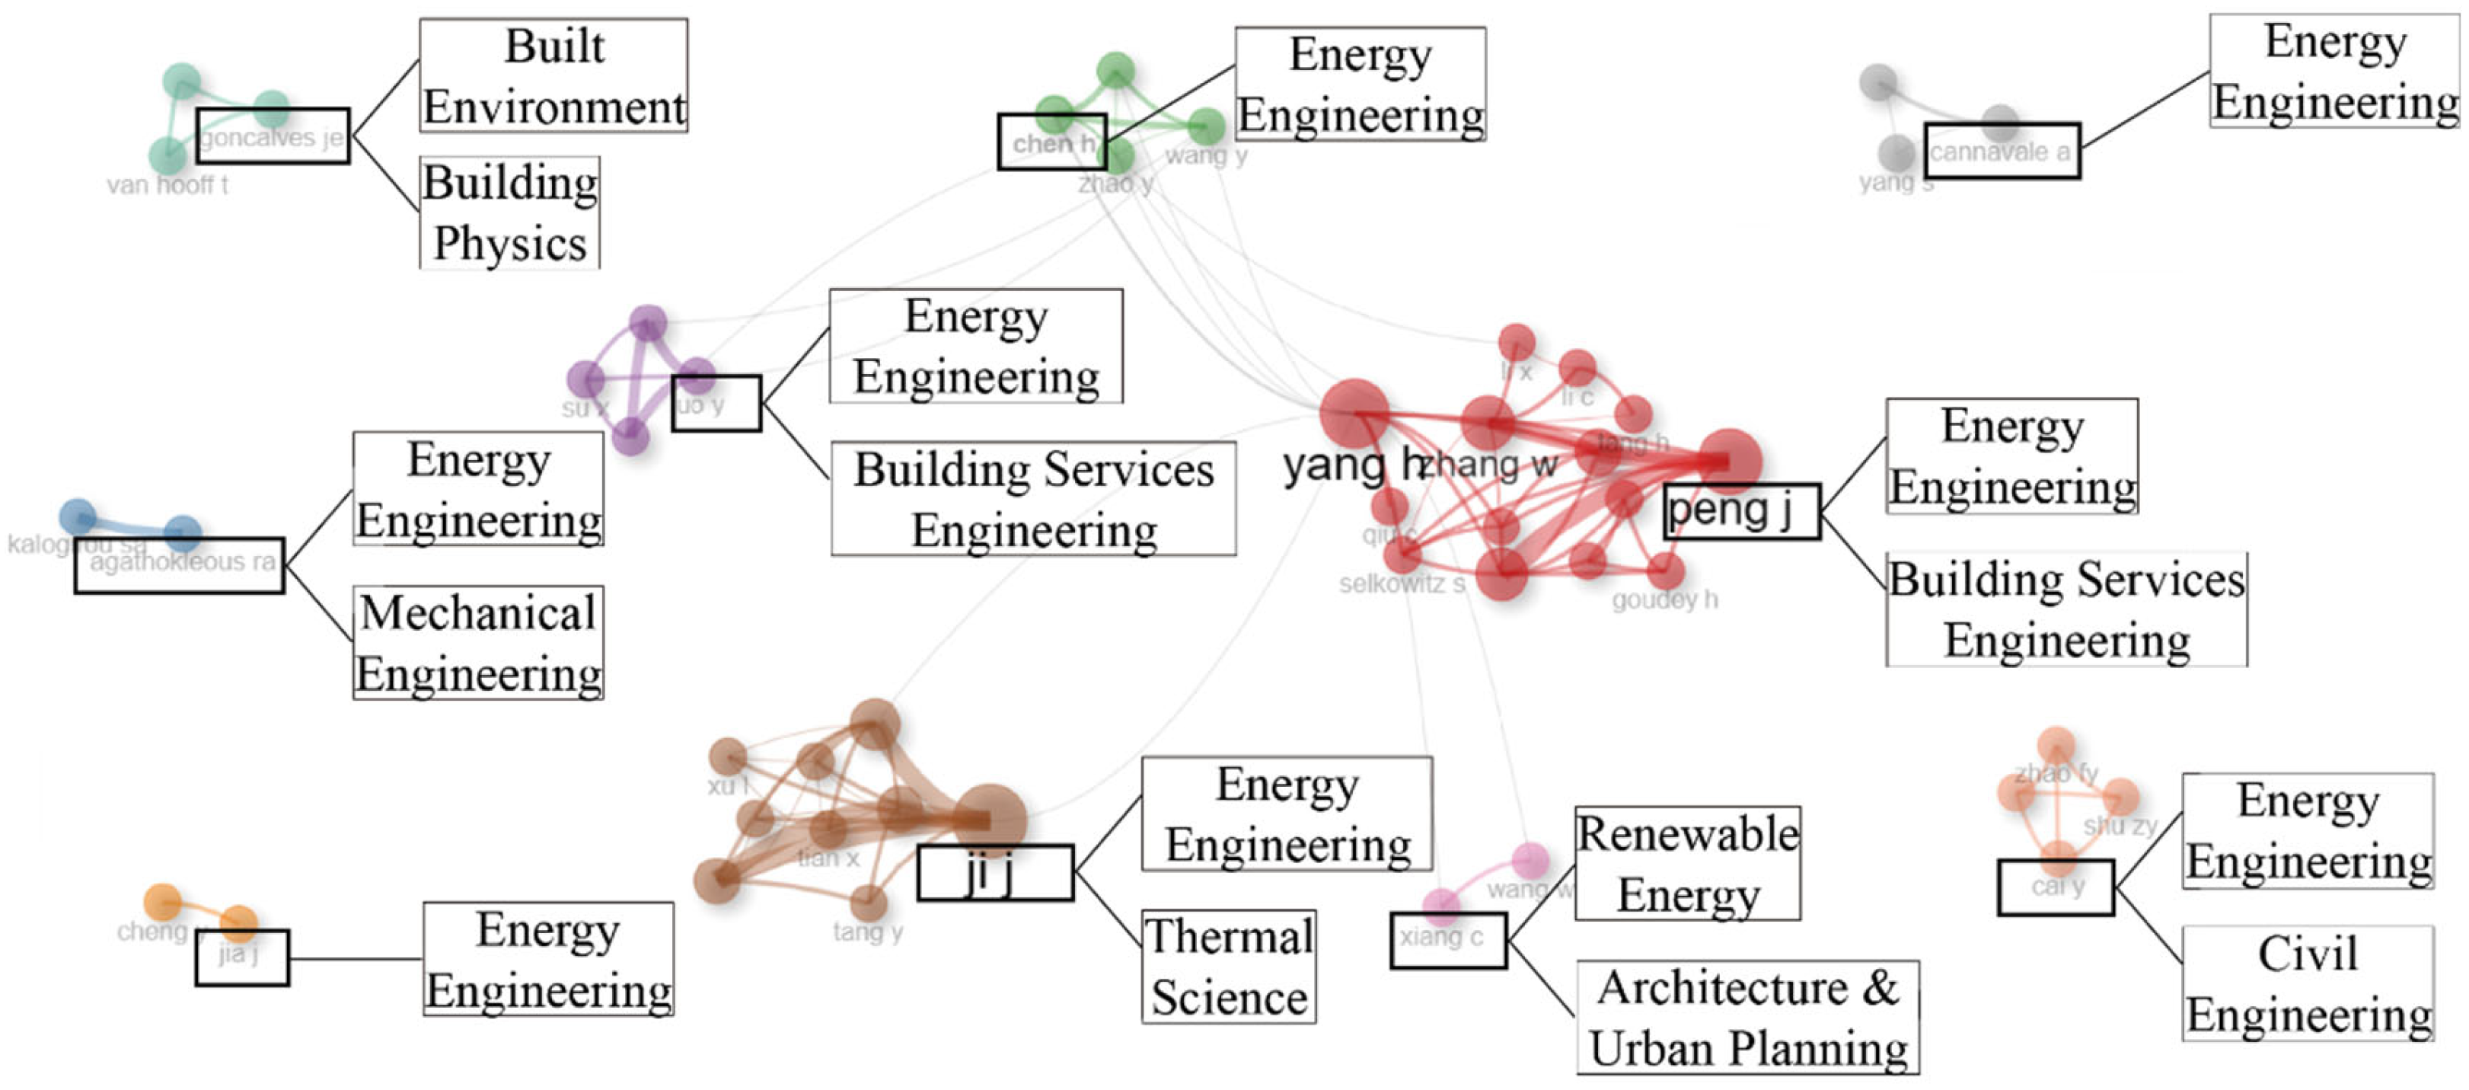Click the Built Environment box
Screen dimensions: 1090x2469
point(554,75)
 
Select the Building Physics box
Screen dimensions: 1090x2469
point(510,213)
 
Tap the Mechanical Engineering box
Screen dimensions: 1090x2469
point(478,644)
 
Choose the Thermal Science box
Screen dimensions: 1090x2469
point(1229,967)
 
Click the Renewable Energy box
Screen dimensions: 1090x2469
point(1688,864)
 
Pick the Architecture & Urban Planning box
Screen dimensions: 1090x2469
point(1747,1017)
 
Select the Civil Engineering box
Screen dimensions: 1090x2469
point(2308,983)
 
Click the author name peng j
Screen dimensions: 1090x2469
point(1730,511)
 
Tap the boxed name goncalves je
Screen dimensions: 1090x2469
point(273,136)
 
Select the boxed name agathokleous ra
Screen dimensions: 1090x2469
point(181,563)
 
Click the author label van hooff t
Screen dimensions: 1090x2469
point(167,185)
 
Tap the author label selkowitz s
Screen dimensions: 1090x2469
point(1402,583)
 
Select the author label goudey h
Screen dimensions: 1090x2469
point(1665,600)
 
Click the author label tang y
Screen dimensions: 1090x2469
point(867,931)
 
